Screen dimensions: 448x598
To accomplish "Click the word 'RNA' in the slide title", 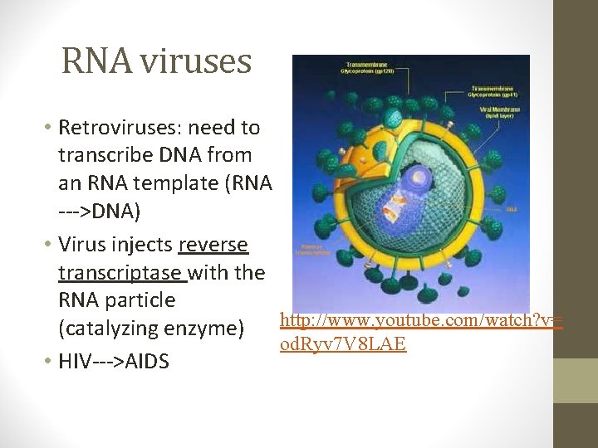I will point(91,61).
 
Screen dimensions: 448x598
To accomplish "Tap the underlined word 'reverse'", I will point(213,246).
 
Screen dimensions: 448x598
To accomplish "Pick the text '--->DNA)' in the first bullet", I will point(100,212).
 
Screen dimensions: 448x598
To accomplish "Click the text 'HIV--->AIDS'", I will point(113,362).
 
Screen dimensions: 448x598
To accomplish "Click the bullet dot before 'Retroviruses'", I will point(48,129).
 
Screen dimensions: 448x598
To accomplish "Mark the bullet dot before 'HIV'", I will point(48,363).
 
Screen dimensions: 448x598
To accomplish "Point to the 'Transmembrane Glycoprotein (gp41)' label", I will point(496,90).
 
